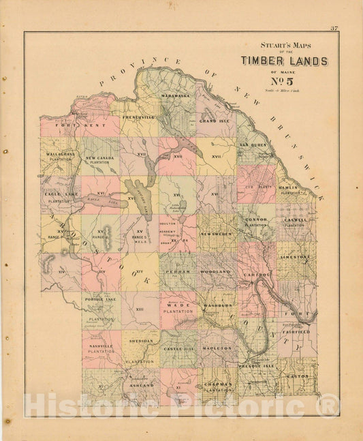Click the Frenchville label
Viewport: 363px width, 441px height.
pos(138,117)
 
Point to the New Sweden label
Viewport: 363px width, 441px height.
pos(217,234)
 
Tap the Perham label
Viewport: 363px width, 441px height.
pos(177,271)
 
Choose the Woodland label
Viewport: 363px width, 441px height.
pos(217,271)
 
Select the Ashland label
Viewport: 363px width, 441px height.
pos(140,385)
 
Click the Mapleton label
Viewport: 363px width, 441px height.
pos(217,348)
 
